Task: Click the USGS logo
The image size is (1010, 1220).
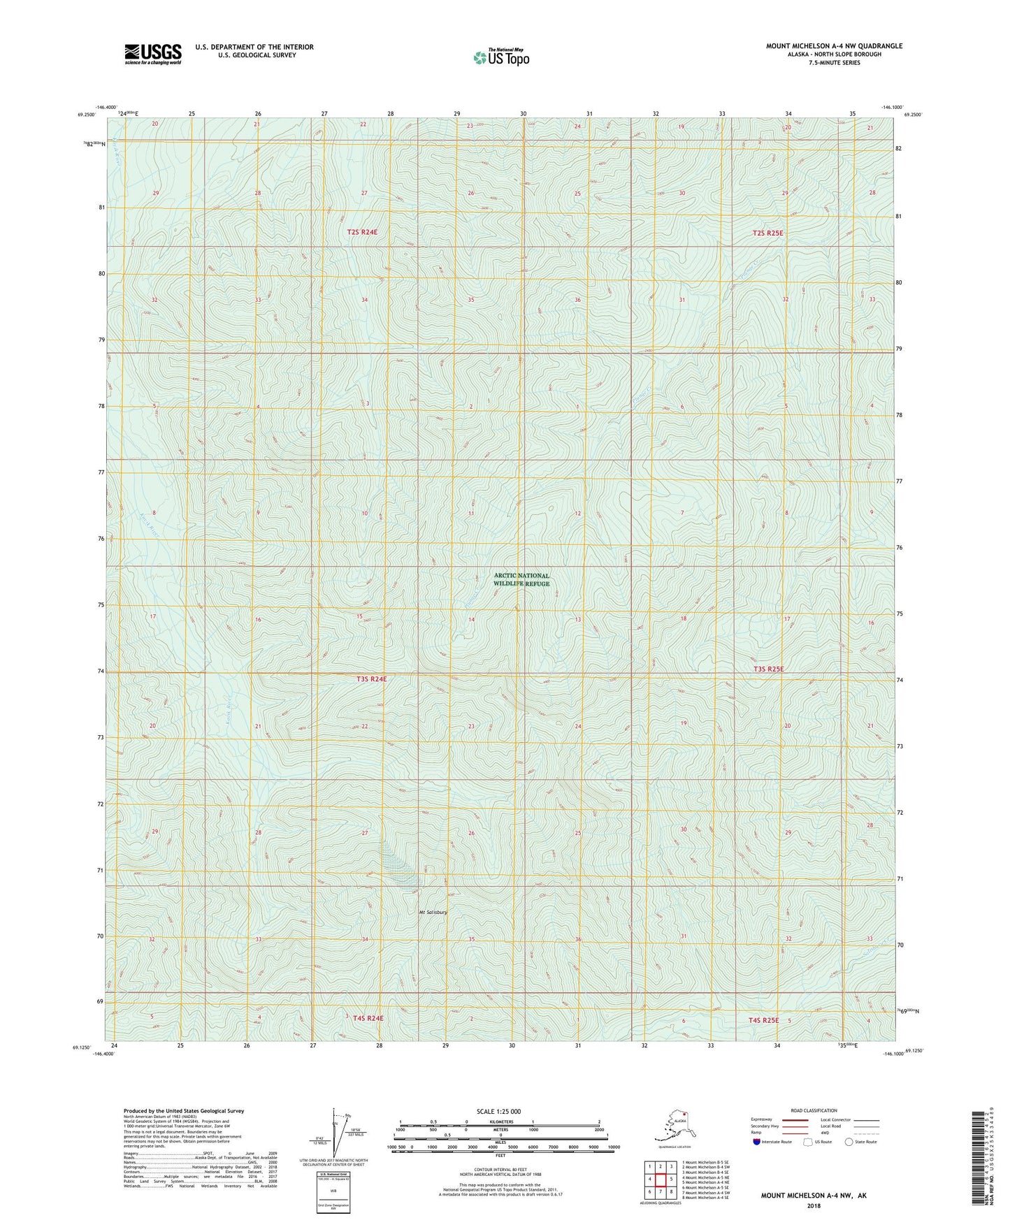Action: pos(152,54)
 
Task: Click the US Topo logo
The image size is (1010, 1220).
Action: pos(500,57)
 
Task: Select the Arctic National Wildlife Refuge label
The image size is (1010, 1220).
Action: pos(521,579)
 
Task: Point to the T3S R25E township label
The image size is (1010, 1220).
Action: pos(768,669)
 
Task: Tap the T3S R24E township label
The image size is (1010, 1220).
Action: pos(371,678)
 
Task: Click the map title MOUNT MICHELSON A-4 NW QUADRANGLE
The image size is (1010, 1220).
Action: pos(834,46)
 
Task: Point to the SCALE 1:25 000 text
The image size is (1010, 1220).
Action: pos(498,1111)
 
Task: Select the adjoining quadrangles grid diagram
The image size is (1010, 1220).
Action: pos(660,1180)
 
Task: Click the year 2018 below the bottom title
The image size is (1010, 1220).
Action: pos(813,1206)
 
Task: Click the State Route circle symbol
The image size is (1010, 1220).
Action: pos(849,1142)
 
